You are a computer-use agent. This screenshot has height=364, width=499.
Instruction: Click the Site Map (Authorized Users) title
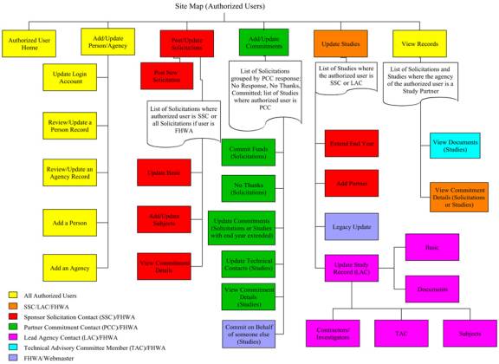[249, 6]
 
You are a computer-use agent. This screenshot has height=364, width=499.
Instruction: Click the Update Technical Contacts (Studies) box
[248, 263]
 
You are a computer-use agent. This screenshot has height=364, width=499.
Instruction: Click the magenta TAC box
[399, 332]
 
